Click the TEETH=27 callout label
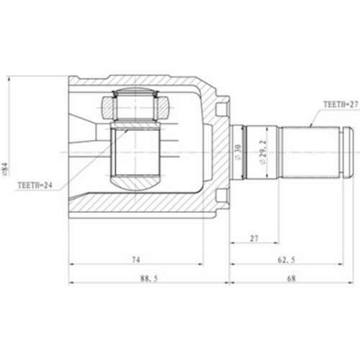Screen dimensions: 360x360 click(341, 104)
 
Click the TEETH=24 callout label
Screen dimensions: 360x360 click(35, 185)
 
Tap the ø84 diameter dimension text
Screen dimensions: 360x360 click(5, 169)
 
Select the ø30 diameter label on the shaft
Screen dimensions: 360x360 click(238, 152)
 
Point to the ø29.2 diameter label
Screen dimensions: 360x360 click(263, 153)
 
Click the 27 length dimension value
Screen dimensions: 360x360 click(254, 238)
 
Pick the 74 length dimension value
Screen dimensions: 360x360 click(135, 260)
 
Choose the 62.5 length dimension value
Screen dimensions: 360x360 click(287, 260)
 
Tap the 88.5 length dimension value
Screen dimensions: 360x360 click(149, 279)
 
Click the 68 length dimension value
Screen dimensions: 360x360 click(292, 279)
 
